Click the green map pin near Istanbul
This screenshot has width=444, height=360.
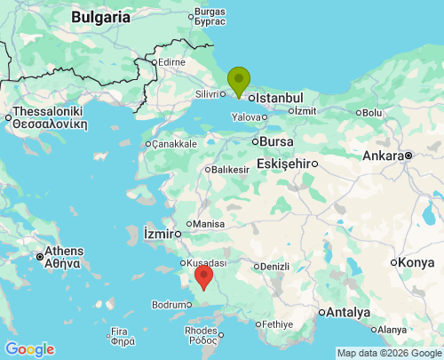point(238,81)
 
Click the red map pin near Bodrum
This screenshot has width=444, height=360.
point(204,277)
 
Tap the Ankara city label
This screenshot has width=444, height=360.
point(382,156)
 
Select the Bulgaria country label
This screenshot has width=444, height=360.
point(101,17)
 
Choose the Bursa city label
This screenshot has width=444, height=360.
point(276,141)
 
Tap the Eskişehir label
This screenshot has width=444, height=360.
point(286,164)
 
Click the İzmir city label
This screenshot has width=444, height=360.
point(160,234)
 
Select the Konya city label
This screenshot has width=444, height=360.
point(416,262)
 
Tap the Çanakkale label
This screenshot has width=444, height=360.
point(174,144)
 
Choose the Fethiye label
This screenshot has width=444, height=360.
point(278,324)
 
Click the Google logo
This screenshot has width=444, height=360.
point(29,349)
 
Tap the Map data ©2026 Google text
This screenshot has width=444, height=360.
point(388,353)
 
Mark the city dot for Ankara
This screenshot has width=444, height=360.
point(408,156)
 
